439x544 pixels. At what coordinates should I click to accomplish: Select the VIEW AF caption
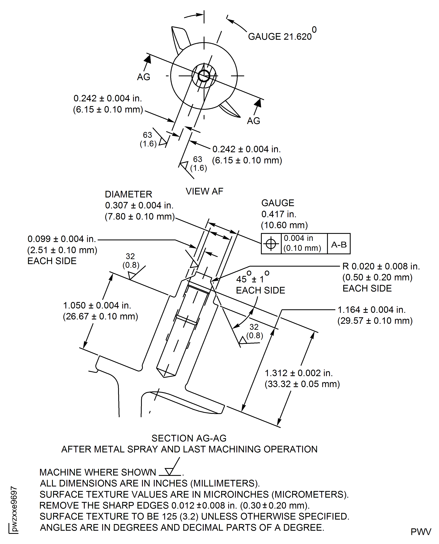point(204,191)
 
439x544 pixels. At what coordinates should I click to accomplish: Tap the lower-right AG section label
point(253,121)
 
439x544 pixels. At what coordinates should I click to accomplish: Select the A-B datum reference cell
point(339,245)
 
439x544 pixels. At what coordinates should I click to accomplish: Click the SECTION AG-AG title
point(189,438)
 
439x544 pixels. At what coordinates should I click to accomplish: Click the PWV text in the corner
point(421,532)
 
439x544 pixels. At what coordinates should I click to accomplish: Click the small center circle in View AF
point(204,76)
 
